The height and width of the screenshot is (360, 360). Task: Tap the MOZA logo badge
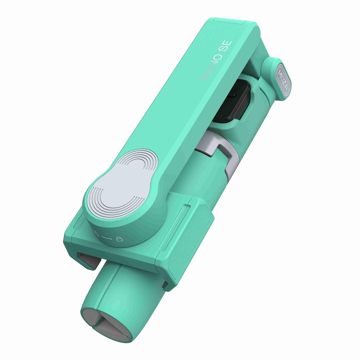[x=283, y=80]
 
